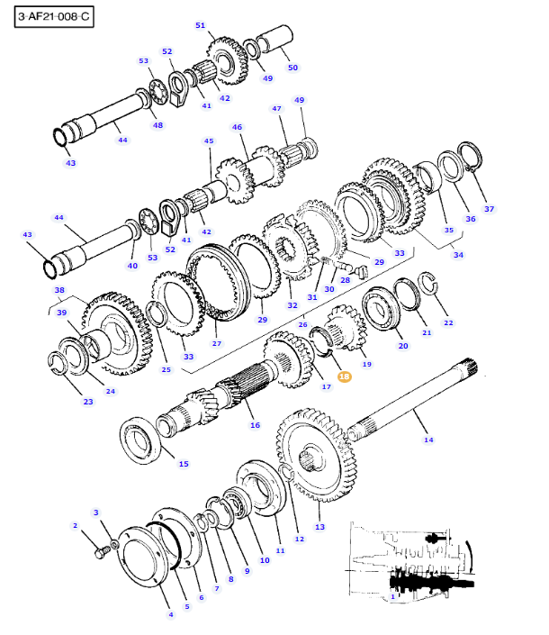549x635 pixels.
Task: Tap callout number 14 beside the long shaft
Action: [428, 440]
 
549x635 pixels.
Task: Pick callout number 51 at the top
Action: [200, 25]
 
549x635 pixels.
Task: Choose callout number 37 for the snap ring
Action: [490, 209]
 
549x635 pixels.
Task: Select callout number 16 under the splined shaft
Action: [255, 425]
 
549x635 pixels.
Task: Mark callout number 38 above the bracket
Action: [59, 291]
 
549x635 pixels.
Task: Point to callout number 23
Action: [88, 402]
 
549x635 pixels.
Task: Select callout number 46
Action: [238, 128]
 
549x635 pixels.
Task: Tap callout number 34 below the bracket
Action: [458, 255]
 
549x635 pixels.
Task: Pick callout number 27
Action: [216, 343]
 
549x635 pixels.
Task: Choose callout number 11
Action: [280, 550]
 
